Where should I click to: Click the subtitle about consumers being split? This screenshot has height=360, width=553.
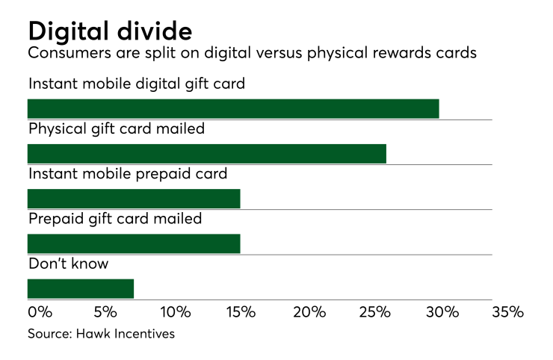(251, 55)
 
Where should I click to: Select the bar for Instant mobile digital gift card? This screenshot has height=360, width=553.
(233, 108)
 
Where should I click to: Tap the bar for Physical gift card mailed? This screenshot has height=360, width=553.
(207, 154)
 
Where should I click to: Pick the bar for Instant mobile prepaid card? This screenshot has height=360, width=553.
(134, 199)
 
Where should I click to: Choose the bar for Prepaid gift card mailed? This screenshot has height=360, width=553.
(134, 244)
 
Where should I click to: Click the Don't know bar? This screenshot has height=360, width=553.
(81, 288)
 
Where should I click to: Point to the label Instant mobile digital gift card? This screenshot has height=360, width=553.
(137, 84)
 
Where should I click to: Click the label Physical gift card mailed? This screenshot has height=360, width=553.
(117, 128)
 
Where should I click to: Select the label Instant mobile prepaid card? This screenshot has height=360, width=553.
(128, 174)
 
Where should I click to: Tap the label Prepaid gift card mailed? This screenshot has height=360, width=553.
(115, 219)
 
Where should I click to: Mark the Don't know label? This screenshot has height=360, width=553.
(68, 264)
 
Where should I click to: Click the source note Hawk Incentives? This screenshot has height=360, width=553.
(101, 334)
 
